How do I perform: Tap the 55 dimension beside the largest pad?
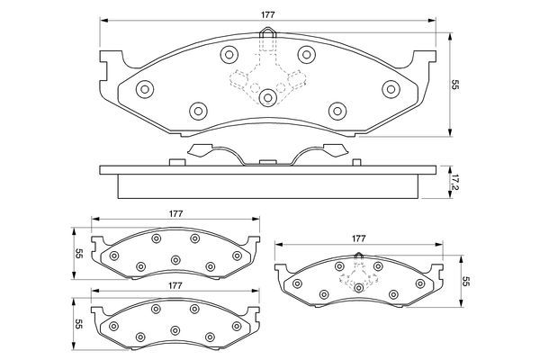tap(455, 85)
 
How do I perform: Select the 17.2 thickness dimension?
tap(455, 184)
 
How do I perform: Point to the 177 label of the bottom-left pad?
tap(176, 284)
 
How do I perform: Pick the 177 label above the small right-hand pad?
tap(358, 238)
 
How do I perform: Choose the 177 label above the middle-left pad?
tap(176, 214)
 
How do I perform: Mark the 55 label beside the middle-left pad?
tap(79, 253)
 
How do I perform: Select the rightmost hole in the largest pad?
tap(391, 89)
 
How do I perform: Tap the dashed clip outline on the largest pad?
tap(267, 76)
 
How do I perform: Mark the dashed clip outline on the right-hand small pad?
tap(358, 274)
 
